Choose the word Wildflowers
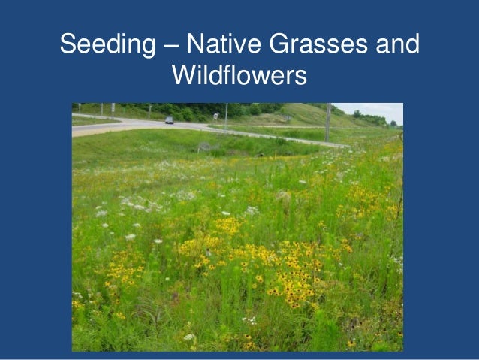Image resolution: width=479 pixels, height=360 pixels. (239, 76)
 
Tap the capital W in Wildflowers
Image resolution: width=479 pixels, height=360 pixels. (185, 76)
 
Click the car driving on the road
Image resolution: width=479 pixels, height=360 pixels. (169, 119)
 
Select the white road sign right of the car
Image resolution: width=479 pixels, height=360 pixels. (215, 116)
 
